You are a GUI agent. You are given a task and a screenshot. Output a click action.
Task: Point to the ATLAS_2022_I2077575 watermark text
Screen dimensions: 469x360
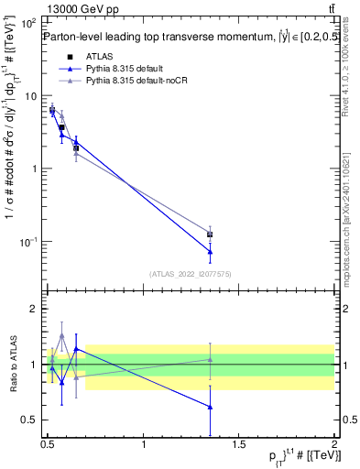[x=191, y=274]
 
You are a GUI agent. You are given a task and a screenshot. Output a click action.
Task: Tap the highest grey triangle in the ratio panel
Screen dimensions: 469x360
[x=61, y=336]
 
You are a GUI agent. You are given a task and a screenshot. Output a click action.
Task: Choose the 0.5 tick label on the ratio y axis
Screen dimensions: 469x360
[x=29, y=420]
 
